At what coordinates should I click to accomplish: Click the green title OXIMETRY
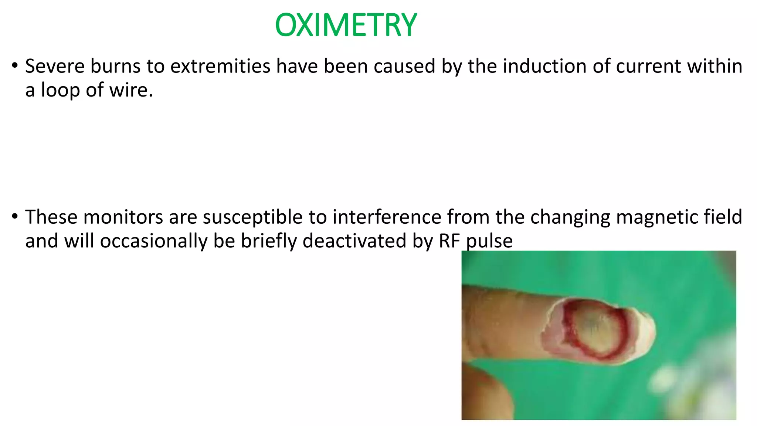(346, 25)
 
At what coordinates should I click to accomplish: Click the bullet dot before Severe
(14, 66)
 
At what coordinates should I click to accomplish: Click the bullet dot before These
(14, 216)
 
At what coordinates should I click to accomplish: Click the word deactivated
(354, 241)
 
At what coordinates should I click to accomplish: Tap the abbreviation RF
(449, 241)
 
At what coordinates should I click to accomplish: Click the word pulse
(489, 241)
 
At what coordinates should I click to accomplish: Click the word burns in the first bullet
(115, 66)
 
